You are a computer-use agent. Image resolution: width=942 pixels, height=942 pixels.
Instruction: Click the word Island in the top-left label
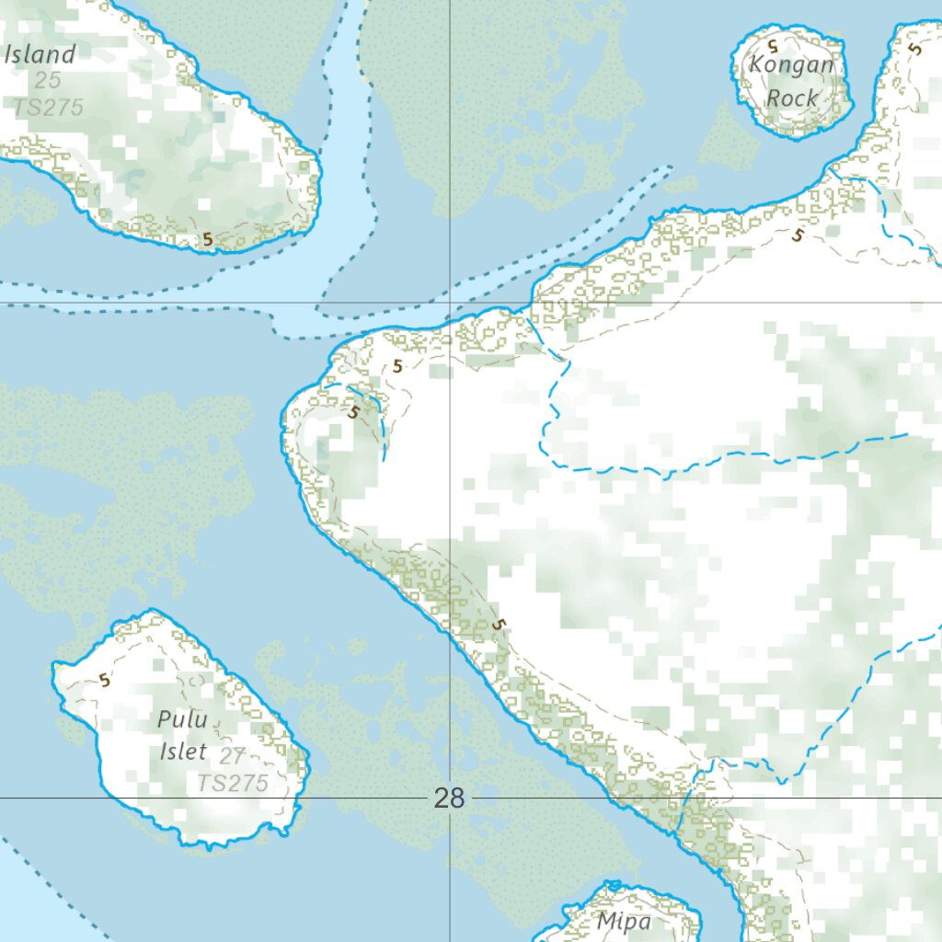tap(40, 53)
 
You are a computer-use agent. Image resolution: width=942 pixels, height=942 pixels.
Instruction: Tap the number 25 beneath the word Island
tap(48, 81)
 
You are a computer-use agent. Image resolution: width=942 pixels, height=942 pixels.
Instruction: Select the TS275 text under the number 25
tap(48, 107)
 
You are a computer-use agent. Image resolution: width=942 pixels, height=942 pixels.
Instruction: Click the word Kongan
tap(791, 65)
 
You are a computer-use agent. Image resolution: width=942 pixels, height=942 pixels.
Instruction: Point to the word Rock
tap(792, 97)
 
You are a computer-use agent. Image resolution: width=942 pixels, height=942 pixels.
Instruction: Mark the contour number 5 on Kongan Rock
tap(773, 43)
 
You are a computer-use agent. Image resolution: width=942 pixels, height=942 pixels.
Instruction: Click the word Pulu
tap(182, 719)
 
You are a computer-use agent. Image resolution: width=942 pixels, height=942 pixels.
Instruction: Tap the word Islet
tap(184, 751)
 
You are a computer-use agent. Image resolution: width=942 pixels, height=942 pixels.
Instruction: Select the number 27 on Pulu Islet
tap(233, 755)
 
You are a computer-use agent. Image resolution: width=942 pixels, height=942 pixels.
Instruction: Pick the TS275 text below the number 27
tap(233, 783)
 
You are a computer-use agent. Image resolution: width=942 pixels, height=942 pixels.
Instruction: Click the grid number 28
tap(449, 798)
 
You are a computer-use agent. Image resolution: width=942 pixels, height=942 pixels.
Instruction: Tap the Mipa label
tap(623, 921)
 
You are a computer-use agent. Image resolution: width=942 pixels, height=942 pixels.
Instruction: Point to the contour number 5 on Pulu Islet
tap(104, 681)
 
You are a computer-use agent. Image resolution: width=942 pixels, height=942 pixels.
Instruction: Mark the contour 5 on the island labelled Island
tap(208, 239)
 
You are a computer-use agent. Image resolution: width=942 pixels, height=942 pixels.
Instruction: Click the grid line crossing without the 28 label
tap(449, 302)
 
